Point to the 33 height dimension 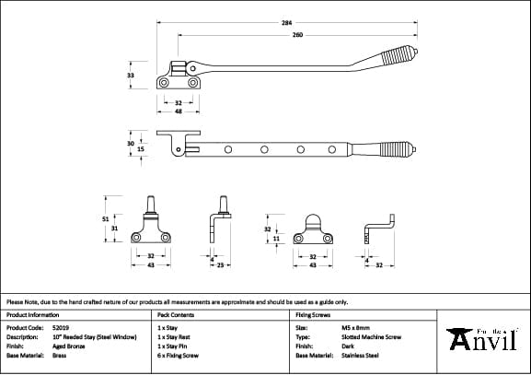(x=131, y=76)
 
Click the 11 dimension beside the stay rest (x=277, y=238)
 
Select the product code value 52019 (x=63, y=327)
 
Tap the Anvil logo (x=485, y=339)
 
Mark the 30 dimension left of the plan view (x=131, y=143)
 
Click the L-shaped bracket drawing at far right (x=378, y=228)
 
